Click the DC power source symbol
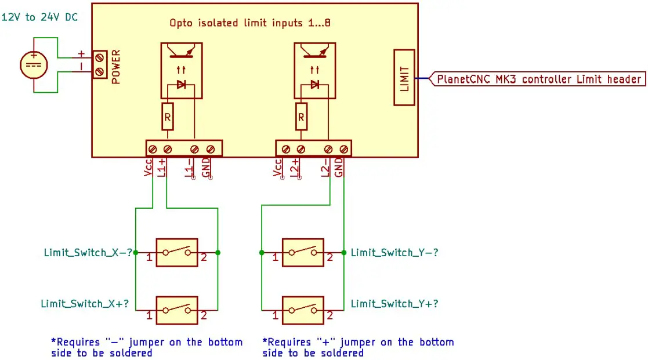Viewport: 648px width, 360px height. point(34,64)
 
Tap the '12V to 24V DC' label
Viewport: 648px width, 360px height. point(40,17)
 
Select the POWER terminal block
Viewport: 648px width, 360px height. point(99,64)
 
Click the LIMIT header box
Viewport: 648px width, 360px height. point(405,78)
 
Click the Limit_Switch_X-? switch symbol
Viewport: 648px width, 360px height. point(176,253)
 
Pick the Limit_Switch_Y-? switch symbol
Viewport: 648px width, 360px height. point(303,253)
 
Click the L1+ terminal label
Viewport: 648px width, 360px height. point(163,168)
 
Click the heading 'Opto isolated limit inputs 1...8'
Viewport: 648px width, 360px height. point(249,23)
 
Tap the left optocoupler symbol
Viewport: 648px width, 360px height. point(181,70)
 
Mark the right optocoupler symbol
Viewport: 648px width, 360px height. point(315,70)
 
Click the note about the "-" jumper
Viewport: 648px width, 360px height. point(146,347)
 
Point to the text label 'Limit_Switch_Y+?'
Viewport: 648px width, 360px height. point(394,303)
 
